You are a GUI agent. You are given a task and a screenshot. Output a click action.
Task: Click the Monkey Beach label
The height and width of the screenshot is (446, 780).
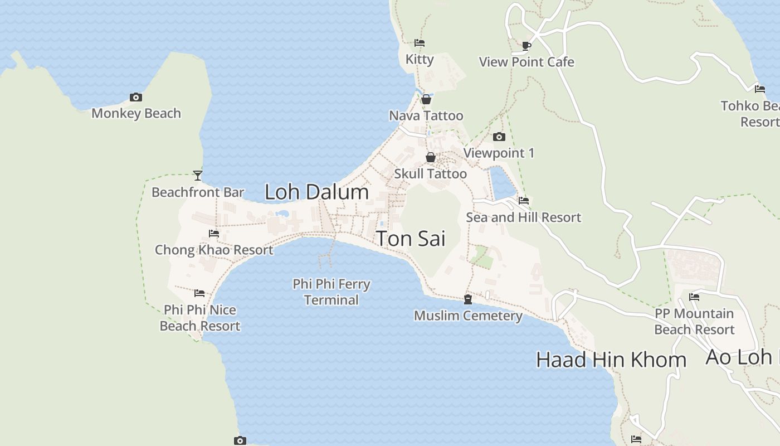point(136,113)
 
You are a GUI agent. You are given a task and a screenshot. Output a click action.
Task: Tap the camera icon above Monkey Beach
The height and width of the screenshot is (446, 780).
point(135,97)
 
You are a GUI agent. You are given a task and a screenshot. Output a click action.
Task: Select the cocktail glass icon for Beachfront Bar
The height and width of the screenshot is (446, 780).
point(198,176)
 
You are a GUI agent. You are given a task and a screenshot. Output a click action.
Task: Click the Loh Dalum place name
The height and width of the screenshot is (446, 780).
point(316,192)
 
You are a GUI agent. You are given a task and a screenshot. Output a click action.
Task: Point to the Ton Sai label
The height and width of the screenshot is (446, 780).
point(411,239)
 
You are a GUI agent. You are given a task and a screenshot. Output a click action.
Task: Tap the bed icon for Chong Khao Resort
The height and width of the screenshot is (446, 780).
point(214,234)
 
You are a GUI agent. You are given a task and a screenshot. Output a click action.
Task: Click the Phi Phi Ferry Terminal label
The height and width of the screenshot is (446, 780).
point(331,292)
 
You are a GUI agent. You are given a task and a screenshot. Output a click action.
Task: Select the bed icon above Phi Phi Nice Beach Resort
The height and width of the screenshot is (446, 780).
point(199,293)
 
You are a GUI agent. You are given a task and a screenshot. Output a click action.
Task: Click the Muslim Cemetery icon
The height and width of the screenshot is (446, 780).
point(468,299)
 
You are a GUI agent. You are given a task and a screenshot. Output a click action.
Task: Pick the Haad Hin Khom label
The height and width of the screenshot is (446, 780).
point(611,360)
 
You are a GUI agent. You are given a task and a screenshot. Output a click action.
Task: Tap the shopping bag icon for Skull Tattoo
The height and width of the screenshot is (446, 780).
point(431,157)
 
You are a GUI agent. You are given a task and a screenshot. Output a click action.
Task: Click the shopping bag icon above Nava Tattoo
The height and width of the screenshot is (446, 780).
point(426,99)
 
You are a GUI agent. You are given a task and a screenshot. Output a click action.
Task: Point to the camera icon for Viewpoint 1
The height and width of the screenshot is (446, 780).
point(499,137)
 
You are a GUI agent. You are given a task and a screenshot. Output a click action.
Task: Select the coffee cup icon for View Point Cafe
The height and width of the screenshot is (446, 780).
point(526,46)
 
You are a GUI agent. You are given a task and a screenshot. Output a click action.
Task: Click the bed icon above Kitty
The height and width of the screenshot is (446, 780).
point(420,43)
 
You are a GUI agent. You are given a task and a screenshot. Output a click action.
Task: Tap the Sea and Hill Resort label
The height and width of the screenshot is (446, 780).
point(523,217)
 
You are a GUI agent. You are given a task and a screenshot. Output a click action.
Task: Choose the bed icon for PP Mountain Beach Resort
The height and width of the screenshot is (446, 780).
point(694,297)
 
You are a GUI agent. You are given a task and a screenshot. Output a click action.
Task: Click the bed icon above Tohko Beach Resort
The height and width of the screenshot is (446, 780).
point(760,89)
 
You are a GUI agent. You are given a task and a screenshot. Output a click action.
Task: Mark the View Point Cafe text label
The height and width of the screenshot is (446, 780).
point(526,62)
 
